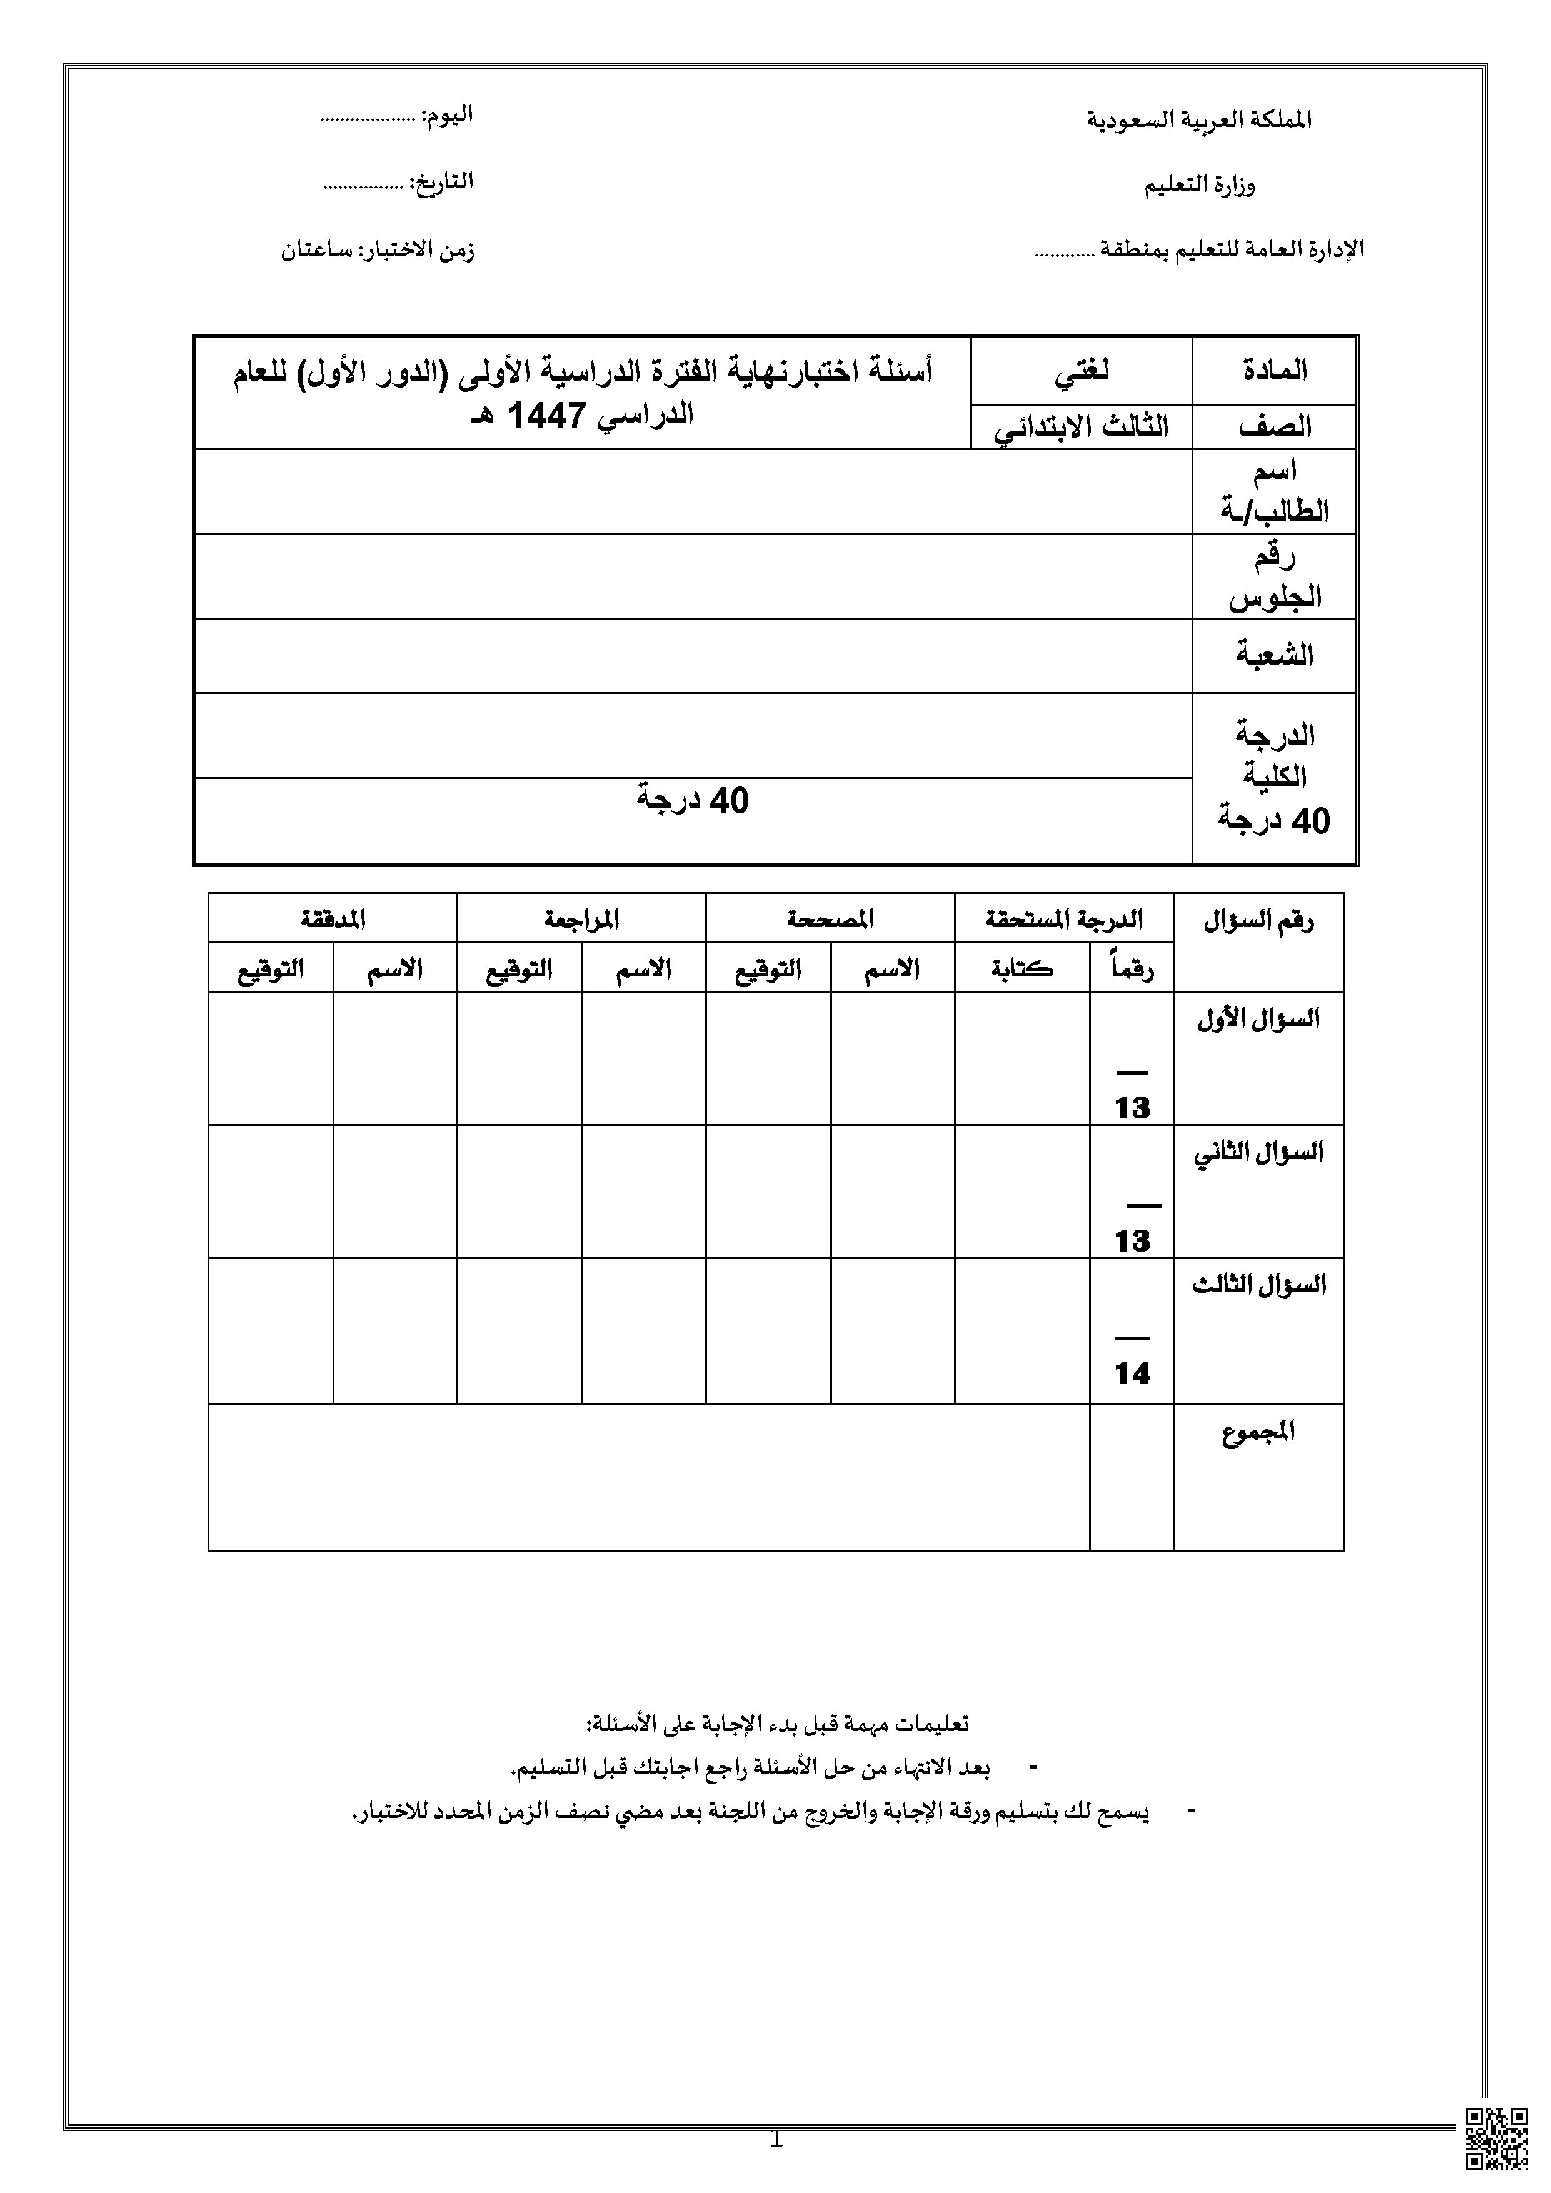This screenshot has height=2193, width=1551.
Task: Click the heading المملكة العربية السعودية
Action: pos(1200,121)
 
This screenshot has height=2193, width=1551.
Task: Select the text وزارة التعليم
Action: pos(1200,185)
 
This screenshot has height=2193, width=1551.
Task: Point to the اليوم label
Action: pos(448,116)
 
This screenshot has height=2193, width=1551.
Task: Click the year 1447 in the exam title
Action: pos(543,416)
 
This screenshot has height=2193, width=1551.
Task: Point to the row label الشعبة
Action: pos(1274,655)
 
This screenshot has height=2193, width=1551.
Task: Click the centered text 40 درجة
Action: pos(693,800)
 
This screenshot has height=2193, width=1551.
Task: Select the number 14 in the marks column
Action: pos(1132,1373)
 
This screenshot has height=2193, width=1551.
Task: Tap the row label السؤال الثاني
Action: pos(1258,1152)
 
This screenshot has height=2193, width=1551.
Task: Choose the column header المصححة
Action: pos(830,919)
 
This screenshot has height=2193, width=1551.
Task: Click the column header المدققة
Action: pos(333,919)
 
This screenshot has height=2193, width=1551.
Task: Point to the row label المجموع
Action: pos(1258,1433)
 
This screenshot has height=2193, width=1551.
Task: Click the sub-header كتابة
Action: pos(1022,968)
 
